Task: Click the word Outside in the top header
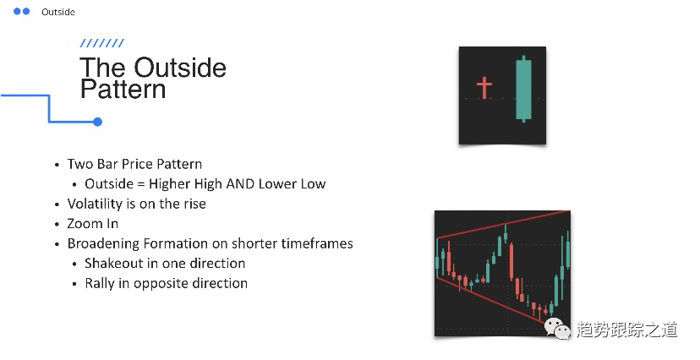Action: (58, 12)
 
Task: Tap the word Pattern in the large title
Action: (123, 90)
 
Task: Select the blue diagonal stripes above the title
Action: (101, 43)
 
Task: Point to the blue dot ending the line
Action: (98, 122)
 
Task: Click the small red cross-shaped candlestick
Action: (484, 87)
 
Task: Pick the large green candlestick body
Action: (523, 90)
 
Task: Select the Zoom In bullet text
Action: (93, 223)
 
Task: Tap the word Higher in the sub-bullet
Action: (170, 183)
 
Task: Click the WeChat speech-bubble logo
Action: (557, 329)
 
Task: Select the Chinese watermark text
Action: (627, 330)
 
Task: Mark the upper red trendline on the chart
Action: (503, 225)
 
